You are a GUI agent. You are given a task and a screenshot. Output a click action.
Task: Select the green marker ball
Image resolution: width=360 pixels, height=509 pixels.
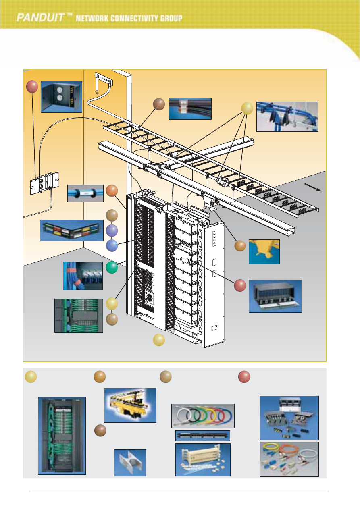click(112, 268)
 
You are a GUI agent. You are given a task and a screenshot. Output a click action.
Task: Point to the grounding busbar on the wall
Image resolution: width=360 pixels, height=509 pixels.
click(102, 79)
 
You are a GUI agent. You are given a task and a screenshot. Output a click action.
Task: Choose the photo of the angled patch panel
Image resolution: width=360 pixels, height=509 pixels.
click(72, 231)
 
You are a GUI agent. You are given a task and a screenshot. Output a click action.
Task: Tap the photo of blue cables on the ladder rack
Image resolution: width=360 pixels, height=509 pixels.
click(287, 116)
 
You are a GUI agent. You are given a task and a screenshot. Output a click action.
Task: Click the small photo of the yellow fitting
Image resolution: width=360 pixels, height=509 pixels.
click(264, 251)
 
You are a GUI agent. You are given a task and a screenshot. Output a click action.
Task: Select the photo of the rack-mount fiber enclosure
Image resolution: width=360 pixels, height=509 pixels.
click(275, 296)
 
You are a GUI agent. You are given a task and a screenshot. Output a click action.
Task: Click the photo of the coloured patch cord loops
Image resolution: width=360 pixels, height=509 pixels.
click(203, 415)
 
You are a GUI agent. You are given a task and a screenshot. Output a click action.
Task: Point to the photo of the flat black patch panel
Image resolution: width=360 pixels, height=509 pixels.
click(203, 436)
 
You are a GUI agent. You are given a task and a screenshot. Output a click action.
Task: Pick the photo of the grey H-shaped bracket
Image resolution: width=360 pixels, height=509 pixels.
click(130, 462)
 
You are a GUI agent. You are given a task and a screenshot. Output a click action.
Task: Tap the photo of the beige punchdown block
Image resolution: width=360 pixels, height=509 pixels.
click(203, 459)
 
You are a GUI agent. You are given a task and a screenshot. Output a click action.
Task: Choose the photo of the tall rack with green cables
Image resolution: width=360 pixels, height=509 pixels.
click(62, 435)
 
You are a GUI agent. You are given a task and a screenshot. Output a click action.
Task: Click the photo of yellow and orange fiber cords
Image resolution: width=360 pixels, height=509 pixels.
click(289, 459)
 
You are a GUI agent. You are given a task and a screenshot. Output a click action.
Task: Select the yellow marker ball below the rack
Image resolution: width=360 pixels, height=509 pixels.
click(159, 340)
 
